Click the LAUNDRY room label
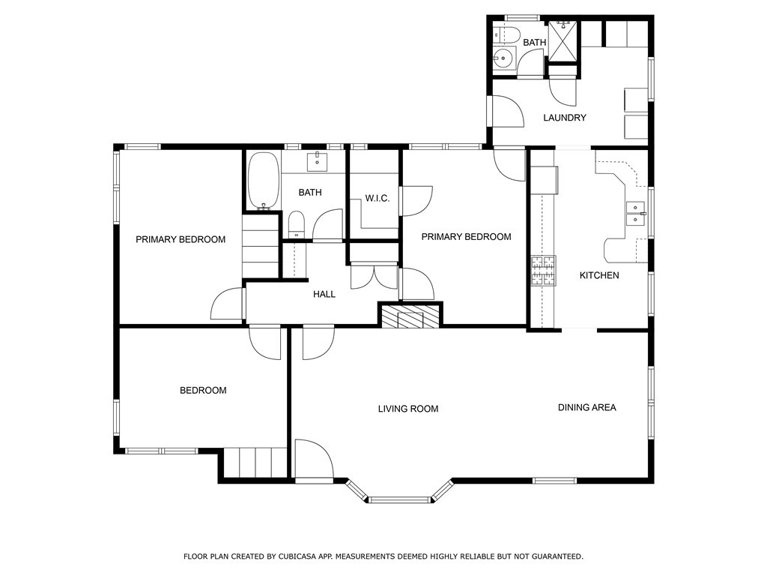click(x=565, y=118)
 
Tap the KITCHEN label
click(x=599, y=275)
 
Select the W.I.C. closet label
click(x=378, y=198)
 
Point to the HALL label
click(x=324, y=294)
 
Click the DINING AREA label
click(x=587, y=407)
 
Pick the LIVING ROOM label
click(x=408, y=409)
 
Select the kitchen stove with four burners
click(x=544, y=270)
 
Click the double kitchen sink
click(x=636, y=214)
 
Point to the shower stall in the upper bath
click(x=563, y=40)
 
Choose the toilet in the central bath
click(x=296, y=225)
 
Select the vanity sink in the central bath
click(x=317, y=161)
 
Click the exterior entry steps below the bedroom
click(x=255, y=462)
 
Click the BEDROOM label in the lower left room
click(x=203, y=390)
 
